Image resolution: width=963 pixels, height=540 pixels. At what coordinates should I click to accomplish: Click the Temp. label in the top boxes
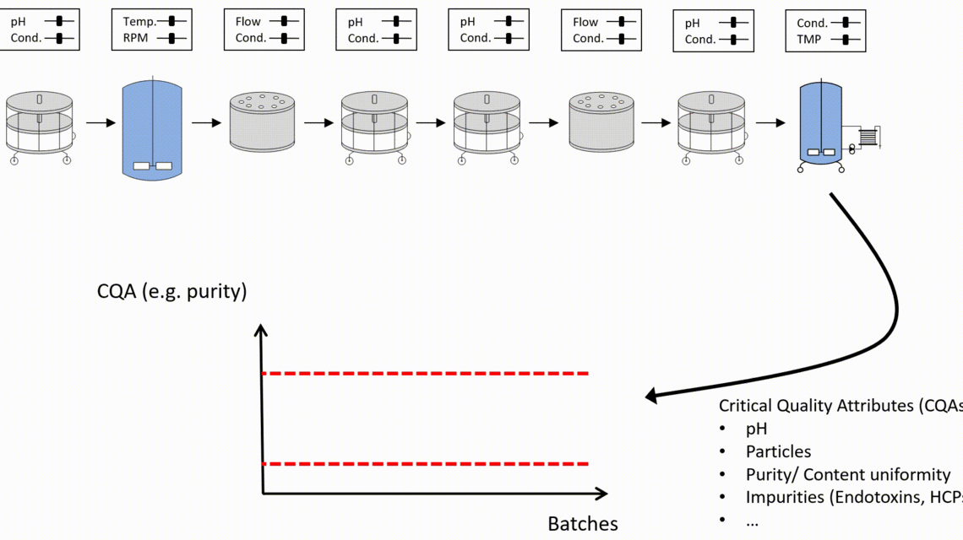[139, 22]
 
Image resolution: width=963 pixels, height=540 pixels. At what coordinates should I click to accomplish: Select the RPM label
[135, 38]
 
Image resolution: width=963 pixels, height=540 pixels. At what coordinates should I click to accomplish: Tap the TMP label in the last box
[808, 39]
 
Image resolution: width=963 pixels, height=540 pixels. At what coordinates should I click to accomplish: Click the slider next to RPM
[172, 38]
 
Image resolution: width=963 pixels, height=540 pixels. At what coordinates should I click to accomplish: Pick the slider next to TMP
[846, 39]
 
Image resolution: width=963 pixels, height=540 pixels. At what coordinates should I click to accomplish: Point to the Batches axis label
[582, 524]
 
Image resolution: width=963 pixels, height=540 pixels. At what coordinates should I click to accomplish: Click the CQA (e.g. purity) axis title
[172, 292]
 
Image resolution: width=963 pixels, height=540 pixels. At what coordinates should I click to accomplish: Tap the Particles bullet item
[778, 451]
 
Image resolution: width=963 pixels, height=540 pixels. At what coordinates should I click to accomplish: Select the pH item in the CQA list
[756, 429]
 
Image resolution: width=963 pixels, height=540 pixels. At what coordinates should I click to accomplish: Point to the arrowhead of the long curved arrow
[651, 395]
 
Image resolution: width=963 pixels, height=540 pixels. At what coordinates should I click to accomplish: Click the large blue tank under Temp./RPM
[152, 127]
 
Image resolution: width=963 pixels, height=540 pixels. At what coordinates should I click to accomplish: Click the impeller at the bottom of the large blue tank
[153, 165]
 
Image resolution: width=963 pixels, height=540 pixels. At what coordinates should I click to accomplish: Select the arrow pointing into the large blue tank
[100, 123]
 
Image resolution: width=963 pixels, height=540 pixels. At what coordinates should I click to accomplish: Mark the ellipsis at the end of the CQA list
[752, 521]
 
